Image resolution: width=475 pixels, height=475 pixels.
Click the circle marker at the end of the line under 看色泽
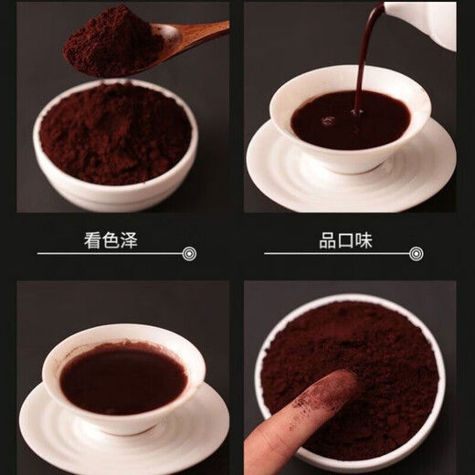(189, 253)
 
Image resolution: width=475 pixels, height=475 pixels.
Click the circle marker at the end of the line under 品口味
(417, 253)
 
